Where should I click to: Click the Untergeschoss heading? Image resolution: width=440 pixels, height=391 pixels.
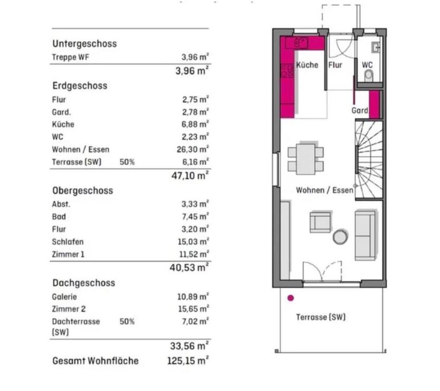click(84, 44)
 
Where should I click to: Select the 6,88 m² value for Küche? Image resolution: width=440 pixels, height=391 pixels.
click(193, 125)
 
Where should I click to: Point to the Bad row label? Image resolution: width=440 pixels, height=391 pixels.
click(59, 216)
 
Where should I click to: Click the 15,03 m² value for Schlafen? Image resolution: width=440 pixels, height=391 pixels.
click(193, 242)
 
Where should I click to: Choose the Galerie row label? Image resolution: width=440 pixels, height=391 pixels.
click(64, 297)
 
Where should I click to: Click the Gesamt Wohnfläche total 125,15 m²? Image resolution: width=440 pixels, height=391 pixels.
click(187, 361)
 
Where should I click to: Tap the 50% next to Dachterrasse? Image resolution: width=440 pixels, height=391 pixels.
click(127, 321)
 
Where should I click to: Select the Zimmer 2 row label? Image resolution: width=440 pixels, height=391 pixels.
click(69, 309)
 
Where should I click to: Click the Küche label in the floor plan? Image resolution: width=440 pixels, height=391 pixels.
click(307, 65)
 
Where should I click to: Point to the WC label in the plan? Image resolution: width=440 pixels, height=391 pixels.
click(367, 65)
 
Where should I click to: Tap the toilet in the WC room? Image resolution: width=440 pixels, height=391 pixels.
click(368, 76)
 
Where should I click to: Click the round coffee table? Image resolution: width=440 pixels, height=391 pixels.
click(340, 236)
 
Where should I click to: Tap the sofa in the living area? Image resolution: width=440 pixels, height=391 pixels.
click(365, 235)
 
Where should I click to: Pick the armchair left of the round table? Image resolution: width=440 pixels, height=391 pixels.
click(320, 222)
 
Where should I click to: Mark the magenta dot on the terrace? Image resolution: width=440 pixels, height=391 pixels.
click(290, 298)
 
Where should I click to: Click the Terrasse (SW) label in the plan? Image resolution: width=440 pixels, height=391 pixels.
click(321, 317)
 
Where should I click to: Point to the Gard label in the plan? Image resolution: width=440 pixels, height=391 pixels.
click(360, 111)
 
